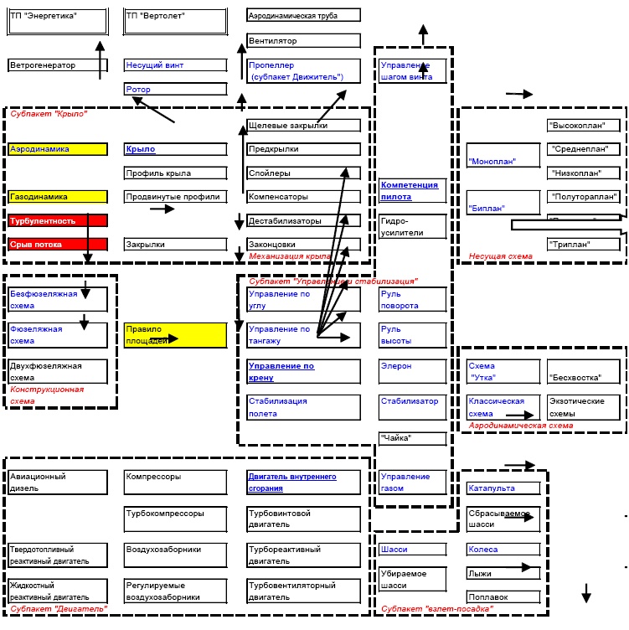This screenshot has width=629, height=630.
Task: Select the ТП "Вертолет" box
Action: pyautogui.click(x=175, y=22)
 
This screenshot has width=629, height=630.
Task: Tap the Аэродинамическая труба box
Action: pyautogui.click(x=304, y=15)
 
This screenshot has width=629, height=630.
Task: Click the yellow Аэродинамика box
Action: pyautogui.click(x=58, y=149)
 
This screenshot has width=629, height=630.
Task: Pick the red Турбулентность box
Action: pyautogui.click(x=58, y=221)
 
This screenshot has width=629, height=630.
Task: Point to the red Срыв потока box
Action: pyautogui.click(x=58, y=245)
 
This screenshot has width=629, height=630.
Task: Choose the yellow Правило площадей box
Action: pyautogui.click(x=175, y=335)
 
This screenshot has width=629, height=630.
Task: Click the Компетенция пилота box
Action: pyautogui.click(x=413, y=190)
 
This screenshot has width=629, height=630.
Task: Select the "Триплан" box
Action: pyautogui.click(x=583, y=245)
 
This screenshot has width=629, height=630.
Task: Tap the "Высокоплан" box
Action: pyautogui.click(x=583, y=126)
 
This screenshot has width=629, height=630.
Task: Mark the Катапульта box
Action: pyautogui.click(x=503, y=488)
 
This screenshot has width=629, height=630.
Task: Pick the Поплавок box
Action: pyautogui.click(x=503, y=596)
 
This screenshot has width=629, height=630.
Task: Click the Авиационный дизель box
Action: pyautogui.click(x=58, y=482)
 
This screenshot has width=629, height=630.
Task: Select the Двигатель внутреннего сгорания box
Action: pyautogui.click(x=304, y=482)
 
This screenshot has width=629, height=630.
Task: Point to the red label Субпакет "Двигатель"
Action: pyautogui.click(x=58, y=609)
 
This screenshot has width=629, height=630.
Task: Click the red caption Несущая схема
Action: pyautogui.click(x=500, y=258)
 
